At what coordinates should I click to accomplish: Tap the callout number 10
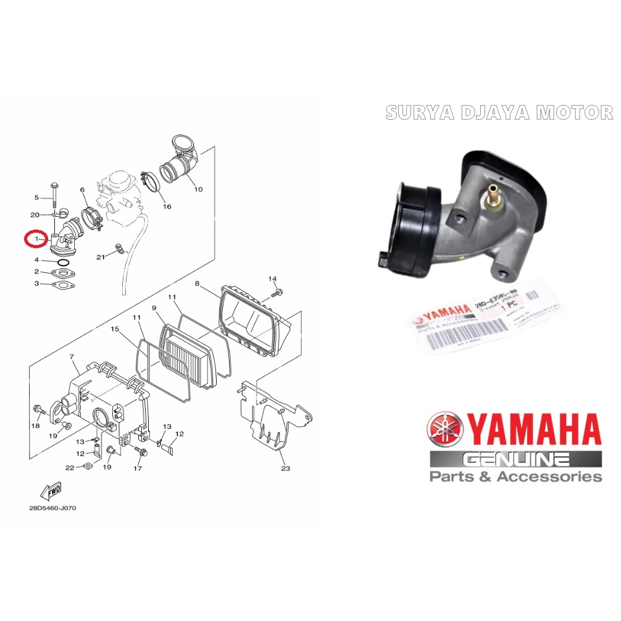(198, 189)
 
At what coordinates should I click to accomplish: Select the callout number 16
(167, 206)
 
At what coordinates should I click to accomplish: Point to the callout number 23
(285, 469)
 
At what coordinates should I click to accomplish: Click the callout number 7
(72, 357)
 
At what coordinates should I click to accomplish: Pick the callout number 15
(114, 329)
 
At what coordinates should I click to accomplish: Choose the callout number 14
(273, 279)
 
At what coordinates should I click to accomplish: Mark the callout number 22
(70, 468)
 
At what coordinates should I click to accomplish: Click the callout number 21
(101, 257)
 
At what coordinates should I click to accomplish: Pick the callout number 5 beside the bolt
(36, 198)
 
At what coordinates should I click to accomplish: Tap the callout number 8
(198, 283)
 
